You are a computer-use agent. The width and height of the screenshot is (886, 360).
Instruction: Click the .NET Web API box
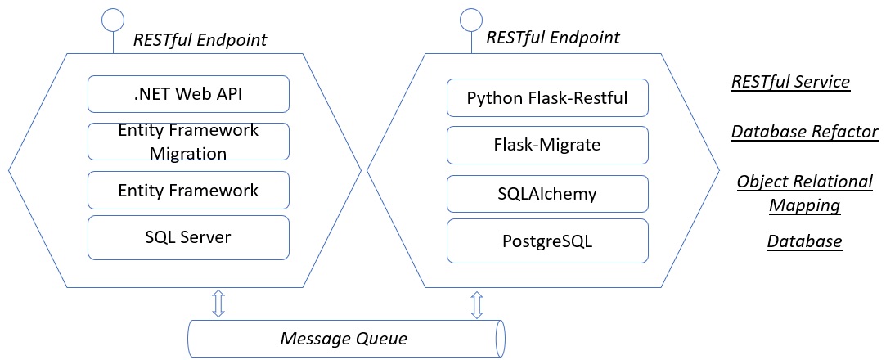tap(188, 94)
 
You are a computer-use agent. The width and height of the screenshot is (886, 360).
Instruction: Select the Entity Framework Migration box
tap(188, 142)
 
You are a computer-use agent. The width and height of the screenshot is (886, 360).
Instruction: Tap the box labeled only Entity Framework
tap(188, 191)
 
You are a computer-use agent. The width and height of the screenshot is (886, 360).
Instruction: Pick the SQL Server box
tap(188, 238)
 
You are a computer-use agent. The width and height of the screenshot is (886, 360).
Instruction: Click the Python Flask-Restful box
tap(547, 98)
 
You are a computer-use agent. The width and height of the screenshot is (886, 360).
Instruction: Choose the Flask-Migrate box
tap(547, 146)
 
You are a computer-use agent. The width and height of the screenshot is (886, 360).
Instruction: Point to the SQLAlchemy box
tap(547, 195)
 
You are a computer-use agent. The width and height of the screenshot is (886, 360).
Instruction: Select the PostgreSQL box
tap(547, 242)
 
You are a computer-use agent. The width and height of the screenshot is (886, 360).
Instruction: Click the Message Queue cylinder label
tap(344, 338)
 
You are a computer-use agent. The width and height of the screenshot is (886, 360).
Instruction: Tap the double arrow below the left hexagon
tap(218, 303)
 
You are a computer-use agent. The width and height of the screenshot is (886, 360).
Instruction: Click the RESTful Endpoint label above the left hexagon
tap(200, 39)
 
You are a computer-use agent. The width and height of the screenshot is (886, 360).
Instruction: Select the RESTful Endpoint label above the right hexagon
tap(553, 38)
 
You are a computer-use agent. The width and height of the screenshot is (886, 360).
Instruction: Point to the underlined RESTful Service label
tap(790, 82)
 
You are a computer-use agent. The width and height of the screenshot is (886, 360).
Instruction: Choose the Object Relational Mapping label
tap(804, 193)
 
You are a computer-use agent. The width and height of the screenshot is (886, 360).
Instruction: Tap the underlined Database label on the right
tap(804, 241)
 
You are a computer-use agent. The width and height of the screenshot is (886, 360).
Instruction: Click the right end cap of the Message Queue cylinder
tap(501, 337)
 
